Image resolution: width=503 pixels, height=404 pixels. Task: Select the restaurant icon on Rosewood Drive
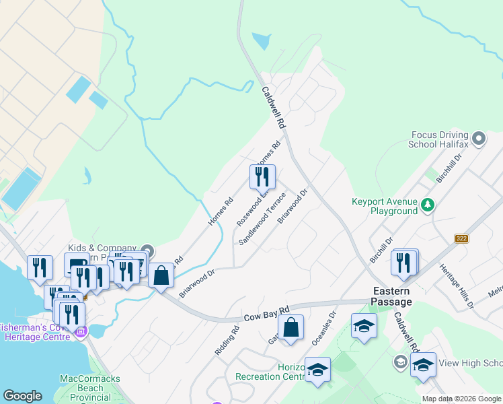point(262,177)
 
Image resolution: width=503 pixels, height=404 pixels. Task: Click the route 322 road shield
point(461,238)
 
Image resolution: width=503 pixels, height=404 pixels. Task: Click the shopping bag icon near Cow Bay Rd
point(291,329)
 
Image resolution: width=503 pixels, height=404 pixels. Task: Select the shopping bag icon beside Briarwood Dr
point(161,275)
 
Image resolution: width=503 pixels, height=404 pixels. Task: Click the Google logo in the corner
point(22,396)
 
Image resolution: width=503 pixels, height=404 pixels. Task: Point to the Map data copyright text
point(461,399)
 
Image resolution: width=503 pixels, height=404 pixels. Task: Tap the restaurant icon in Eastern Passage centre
point(404,262)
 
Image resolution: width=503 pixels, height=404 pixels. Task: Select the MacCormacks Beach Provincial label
point(90,389)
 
